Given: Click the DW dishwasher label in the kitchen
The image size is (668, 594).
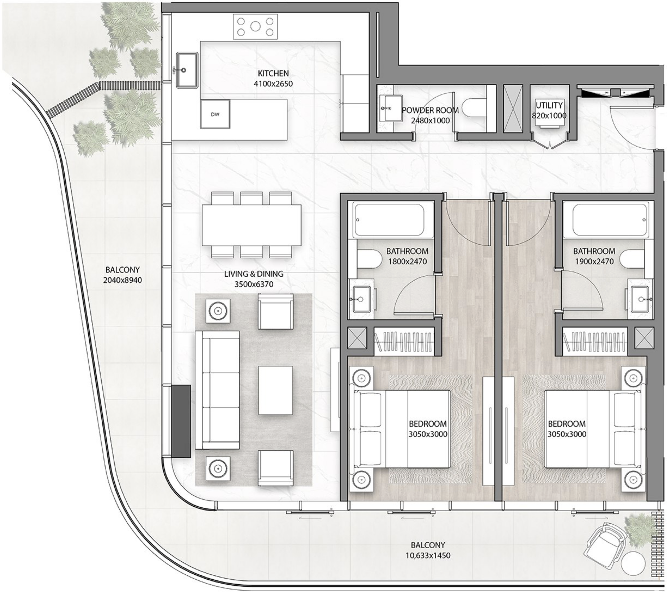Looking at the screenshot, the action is pyautogui.click(x=215, y=115).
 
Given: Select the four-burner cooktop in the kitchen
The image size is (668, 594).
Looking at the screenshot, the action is pyautogui.click(x=255, y=27).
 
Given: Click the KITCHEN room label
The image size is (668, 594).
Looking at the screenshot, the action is pyautogui.click(x=273, y=73).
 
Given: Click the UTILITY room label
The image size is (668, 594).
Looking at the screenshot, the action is pyautogui.click(x=549, y=105).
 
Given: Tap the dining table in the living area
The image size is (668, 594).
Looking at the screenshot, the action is pyautogui.click(x=252, y=225).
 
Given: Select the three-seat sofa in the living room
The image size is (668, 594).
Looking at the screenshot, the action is pyautogui.click(x=217, y=390).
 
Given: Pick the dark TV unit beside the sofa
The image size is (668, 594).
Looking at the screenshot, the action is pyautogui.click(x=181, y=421).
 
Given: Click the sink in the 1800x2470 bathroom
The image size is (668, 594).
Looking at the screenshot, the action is pyautogui.click(x=361, y=299).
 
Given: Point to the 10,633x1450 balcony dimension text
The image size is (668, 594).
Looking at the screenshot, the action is pyautogui.click(x=428, y=556).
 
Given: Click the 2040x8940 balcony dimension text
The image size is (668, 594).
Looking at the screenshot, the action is pyautogui.click(x=122, y=280).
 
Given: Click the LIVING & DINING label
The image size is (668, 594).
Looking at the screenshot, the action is pyautogui.click(x=254, y=274).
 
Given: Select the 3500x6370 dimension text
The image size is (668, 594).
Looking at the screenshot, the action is pyautogui.click(x=254, y=284).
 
